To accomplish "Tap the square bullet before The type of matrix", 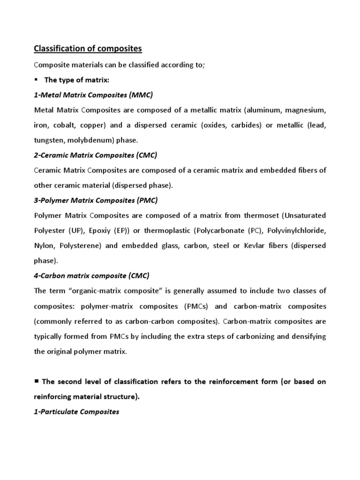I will tap(37, 80).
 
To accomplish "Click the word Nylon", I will tap(45, 246).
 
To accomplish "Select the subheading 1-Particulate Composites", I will tap(77, 412).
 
